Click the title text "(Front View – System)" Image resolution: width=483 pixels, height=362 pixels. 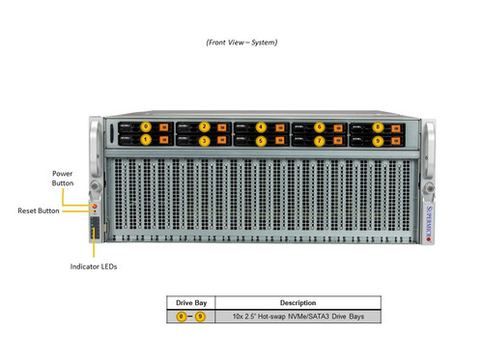click(241, 42)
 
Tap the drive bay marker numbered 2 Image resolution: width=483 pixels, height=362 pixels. click(204, 126)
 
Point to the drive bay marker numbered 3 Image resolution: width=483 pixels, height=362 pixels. click(204, 140)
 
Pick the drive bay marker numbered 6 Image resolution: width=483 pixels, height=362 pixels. click(320, 126)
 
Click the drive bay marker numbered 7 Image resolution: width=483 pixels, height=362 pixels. click(320, 140)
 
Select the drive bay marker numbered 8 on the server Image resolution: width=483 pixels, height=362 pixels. click(378, 126)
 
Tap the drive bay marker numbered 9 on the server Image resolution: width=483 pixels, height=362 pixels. click(378, 140)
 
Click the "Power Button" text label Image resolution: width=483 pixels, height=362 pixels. click(63, 178)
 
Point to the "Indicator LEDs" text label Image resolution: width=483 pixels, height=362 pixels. click(94, 265)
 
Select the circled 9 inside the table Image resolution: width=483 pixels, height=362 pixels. click(201, 316)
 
